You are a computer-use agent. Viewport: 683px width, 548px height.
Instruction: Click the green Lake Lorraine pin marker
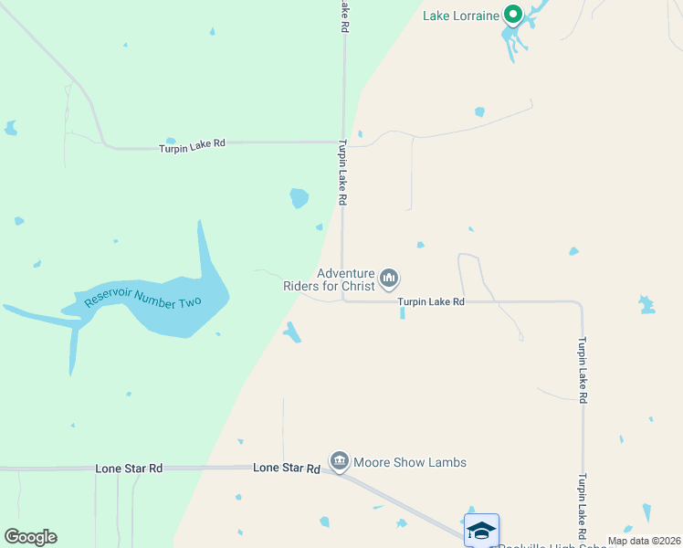pyautogui.click(x=513, y=14)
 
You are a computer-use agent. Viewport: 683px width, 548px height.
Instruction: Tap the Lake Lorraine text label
pyautogui.click(x=461, y=15)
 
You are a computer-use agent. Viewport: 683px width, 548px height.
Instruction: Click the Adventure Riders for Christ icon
pyautogui.click(x=389, y=277)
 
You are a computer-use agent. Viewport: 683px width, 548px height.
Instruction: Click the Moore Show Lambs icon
pyautogui.click(x=340, y=461)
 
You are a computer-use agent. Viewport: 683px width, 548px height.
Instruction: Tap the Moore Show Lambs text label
pyautogui.click(x=410, y=462)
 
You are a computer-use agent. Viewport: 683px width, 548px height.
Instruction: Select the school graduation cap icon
pyautogui.click(x=481, y=530)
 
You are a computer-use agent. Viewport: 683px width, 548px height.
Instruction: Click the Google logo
pyautogui.click(x=30, y=537)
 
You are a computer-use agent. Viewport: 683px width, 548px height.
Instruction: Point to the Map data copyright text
pyautogui.click(x=643, y=541)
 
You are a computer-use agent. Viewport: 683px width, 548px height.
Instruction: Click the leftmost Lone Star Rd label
pyautogui.click(x=129, y=468)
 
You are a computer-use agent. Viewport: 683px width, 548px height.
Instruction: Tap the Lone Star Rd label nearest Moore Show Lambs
pyautogui.click(x=286, y=468)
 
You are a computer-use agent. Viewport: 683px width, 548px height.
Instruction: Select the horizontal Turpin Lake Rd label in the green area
pyautogui.click(x=192, y=144)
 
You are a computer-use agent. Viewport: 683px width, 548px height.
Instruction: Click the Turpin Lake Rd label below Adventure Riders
pyautogui.click(x=431, y=301)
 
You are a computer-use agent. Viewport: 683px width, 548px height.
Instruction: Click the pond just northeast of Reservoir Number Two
pyautogui.click(x=299, y=197)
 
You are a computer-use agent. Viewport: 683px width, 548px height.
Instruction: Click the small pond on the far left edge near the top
pyautogui.click(x=10, y=128)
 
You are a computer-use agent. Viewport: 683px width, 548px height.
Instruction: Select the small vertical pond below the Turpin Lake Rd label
pyautogui.click(x=402, y=313)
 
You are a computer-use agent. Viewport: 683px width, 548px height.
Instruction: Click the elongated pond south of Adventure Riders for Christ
pyautogui.click(x=292, y=332)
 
